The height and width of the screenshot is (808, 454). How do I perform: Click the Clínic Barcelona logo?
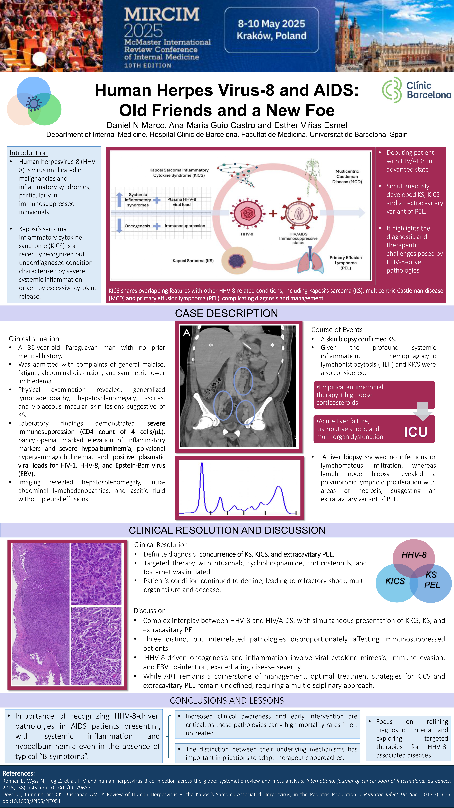tap(416, 90)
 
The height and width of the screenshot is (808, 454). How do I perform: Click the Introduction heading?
tap(29, 153)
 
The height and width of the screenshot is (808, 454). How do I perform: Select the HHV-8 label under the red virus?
tap(247, 234)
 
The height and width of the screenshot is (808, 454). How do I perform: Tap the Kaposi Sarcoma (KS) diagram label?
tap(193, 261)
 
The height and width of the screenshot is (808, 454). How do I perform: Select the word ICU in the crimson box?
tap(415, 432)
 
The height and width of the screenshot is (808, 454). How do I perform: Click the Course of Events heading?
tap(337, 330)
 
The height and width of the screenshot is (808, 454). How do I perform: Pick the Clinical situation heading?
tap(34, 339)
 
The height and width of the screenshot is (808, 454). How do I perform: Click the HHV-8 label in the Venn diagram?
tap(414, 555)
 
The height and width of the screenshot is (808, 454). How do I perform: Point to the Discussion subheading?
tap(150, 611)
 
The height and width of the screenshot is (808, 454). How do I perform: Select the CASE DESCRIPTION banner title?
tap(226, 313)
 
